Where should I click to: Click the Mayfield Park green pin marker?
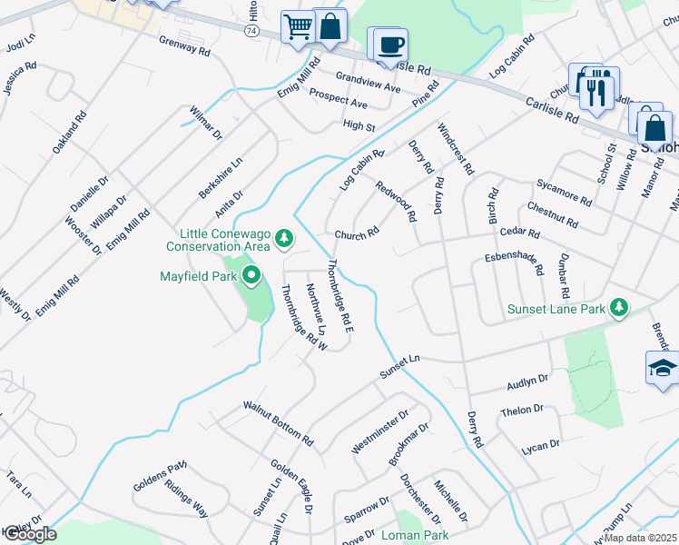pos(251,272)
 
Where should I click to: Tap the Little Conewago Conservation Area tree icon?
pos(285,239)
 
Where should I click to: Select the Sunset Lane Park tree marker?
pos(619,309)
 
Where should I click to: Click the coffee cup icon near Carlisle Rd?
pos(390,45)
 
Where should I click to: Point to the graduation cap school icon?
pos(664,368)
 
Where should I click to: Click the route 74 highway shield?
pos(251,30)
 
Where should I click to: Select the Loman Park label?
pos(415,536)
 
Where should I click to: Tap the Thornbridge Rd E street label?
pos(339,293)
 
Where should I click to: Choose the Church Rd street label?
pos(356,234)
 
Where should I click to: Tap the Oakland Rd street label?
pos(69,132)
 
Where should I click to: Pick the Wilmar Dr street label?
pos(206,123)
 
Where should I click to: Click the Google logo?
pos(29,534)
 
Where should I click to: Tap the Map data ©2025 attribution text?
pos(640,538)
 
